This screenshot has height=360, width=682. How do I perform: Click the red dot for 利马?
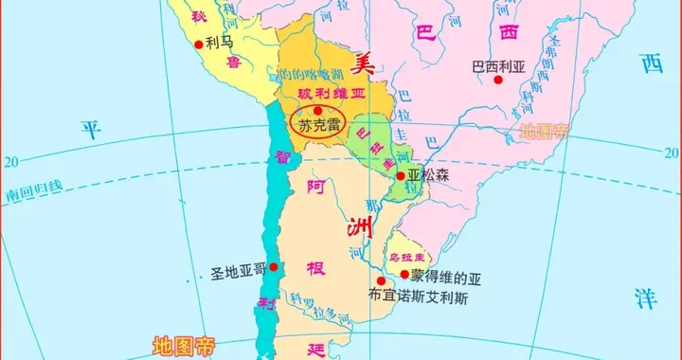pyautogui.click(x=199, y=44)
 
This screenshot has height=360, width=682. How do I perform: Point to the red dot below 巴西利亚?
pyautogui.click(x=497, y=80)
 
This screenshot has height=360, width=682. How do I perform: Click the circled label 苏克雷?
pyautogui.click(x=317, y=124)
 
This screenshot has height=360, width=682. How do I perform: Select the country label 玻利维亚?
pyautogui.click(x=316, y=94)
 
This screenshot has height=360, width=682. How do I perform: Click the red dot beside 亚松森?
pyautogui.click(x=402, y=175)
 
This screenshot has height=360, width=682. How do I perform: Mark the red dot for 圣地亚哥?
pyautogui.click(x=274, y=268)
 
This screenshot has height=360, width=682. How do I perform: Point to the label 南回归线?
pyautogui.click(x=33, y=189)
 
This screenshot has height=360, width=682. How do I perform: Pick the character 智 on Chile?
pyautogui.click(x=281, y=159)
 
